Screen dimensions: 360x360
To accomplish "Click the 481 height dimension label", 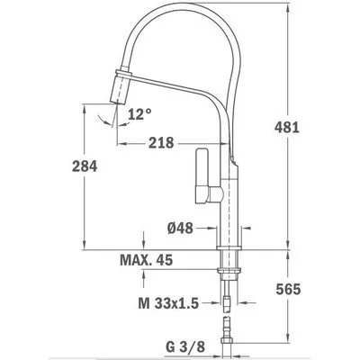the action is [287, 128].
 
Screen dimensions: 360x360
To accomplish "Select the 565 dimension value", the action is [288, 290].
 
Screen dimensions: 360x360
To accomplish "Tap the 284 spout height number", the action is [85, 166].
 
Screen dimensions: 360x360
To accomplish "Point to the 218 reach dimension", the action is [161, 143].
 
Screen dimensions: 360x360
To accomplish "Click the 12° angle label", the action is [139, 114].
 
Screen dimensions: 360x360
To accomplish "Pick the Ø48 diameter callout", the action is [180, 229].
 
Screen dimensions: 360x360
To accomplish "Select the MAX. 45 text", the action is [147, 260].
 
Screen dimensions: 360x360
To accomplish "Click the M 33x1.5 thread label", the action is [168, 304].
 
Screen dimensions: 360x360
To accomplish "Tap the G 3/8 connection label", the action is [185, 347].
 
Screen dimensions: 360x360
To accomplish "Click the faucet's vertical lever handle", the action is [202, 176].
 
